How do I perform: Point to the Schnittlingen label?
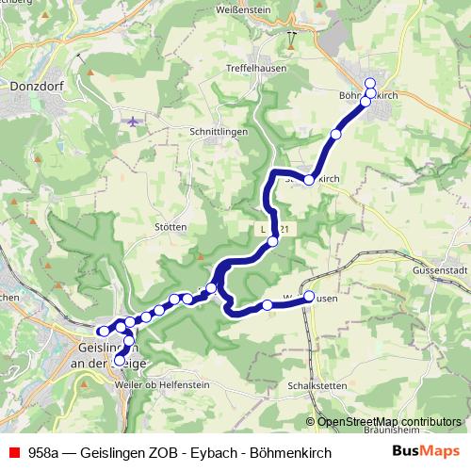coord(219,132)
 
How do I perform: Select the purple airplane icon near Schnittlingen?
coord(131,122)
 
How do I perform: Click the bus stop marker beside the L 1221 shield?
coord(273,241)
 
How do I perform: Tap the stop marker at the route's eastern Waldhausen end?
coord(308,296)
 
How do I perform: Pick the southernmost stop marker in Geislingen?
coord(120,360)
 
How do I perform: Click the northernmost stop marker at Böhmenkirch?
coord(370,82)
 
